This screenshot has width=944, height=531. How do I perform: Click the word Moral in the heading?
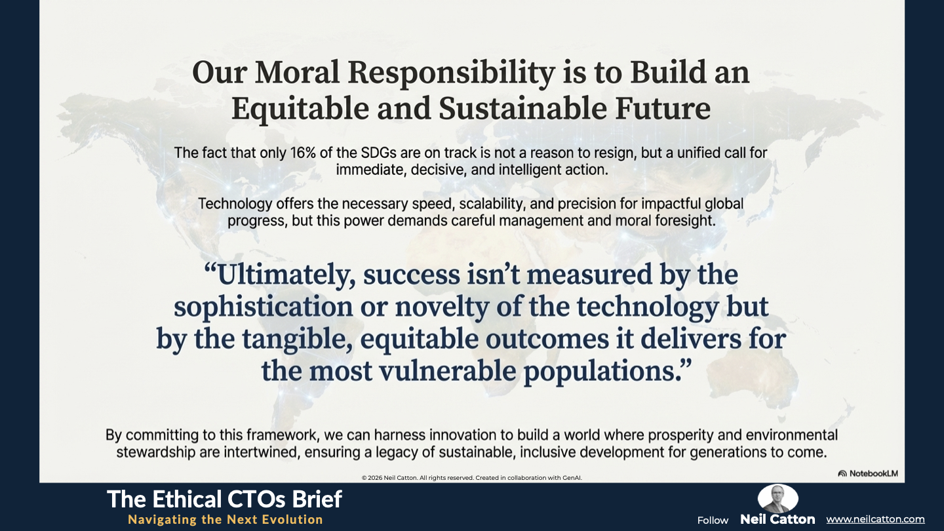pos(297,73)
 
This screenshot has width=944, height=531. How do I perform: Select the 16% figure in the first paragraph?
pos(304,153)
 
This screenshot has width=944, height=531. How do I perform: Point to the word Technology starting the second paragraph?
pos(235,204)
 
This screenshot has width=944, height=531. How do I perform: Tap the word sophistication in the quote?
pos(264,307)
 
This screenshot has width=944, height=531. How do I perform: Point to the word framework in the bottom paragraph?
pos(283,435)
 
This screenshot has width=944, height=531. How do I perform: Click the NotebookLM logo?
pos(868,473)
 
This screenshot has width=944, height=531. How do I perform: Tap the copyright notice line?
pos(471,478)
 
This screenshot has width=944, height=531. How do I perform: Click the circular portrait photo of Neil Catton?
pos(777,498)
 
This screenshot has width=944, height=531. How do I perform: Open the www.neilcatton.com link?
pos(875,519)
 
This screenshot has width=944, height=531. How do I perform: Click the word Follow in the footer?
pos(713,521)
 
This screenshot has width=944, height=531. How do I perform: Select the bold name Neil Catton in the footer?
pos(777,519)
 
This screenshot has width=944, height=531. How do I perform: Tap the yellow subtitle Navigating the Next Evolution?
pos(226,520)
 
